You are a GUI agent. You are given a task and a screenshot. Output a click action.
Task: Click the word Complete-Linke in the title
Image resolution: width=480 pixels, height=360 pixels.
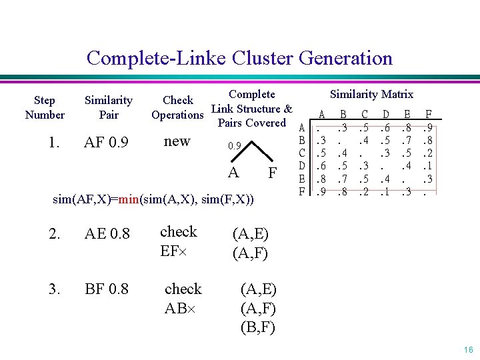pos(157,58)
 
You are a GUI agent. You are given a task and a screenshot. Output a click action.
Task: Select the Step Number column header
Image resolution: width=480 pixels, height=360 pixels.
pos(45,107)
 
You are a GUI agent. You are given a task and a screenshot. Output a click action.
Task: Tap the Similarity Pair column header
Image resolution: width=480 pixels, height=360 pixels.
pos(108,107)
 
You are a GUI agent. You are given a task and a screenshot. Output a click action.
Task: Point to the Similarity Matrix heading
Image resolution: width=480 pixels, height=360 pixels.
pos(372,94)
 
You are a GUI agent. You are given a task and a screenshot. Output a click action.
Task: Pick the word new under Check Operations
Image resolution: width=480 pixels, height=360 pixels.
pos(177,141)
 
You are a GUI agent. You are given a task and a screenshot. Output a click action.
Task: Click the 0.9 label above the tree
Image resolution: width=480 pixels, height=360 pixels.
pos(233,145)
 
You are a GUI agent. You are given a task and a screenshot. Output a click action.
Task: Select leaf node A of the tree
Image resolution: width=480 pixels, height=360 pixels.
pos(233,172)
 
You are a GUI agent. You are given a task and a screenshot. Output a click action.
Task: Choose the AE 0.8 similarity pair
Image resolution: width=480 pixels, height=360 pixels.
pos(107,233)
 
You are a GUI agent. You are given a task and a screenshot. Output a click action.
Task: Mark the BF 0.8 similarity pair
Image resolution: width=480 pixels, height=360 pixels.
pos(107,290)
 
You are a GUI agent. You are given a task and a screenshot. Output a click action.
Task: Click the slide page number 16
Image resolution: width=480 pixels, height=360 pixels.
pos(467,349)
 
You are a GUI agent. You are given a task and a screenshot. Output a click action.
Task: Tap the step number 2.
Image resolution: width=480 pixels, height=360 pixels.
pos(54,233)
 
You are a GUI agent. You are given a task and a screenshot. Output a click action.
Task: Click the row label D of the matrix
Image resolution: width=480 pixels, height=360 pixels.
pos(302,165)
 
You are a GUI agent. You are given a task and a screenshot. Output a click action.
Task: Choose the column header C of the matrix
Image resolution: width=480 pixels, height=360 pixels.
pos(364,115)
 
